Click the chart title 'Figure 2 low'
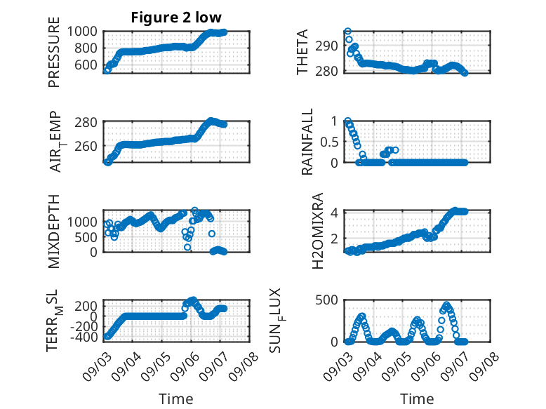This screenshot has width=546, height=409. [176, 18]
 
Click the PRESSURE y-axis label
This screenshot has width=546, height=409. [54, 52]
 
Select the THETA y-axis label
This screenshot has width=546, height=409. [302, 52]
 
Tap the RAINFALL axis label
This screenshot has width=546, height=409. [307, 142]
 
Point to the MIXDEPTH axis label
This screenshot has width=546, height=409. [54, 232]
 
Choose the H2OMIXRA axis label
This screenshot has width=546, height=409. [318, 231]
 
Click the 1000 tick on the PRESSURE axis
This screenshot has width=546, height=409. [82, 32]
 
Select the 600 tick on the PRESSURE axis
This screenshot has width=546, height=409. [86, 65]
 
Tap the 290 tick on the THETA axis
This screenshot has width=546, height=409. [326, 46]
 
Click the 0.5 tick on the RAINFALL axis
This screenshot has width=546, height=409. [329, 142]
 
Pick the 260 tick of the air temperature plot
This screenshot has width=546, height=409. [86, 146]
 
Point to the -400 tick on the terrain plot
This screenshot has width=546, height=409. [84, 337]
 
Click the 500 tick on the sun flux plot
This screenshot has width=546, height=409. [326, 300]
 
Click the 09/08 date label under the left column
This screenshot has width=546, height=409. [244, 366]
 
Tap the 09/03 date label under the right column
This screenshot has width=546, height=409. [338, 366]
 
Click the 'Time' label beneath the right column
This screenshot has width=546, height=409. [417, 398]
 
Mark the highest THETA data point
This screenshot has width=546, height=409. [347, 32]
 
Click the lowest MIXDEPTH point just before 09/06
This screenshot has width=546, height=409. [187, 247]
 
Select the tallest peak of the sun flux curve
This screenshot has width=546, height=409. [447, 304]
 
